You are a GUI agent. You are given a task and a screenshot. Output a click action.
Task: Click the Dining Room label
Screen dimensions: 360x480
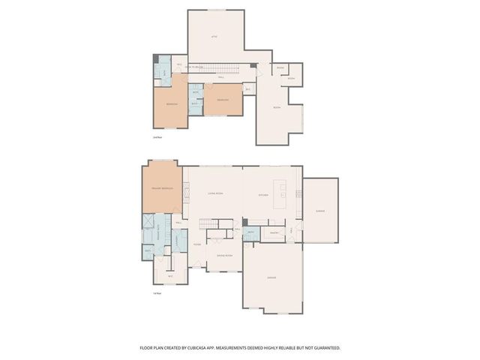pos(223,256)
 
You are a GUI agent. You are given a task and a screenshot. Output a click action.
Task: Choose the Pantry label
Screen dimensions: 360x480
pos(274,233)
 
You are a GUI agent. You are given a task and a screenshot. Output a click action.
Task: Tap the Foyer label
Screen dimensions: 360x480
pos(196,244)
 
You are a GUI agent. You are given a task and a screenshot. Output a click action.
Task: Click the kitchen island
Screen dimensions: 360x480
pos(283,194)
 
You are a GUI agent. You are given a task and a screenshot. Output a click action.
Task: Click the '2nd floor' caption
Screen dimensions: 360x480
pos(158,136)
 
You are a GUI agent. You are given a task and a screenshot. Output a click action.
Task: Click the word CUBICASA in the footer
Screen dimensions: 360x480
pos(211,348)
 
